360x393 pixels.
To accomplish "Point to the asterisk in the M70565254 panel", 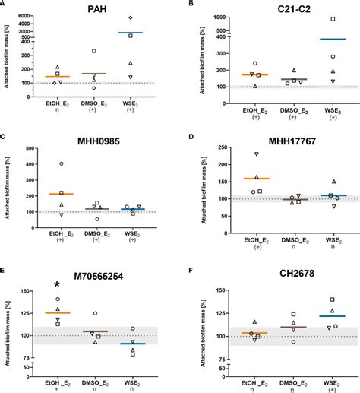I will [58, 287].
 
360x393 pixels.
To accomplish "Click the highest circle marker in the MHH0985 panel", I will [62, 163].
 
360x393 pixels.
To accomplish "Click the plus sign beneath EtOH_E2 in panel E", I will [58, 388].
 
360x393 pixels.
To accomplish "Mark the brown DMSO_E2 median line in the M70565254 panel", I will [95, 331].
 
